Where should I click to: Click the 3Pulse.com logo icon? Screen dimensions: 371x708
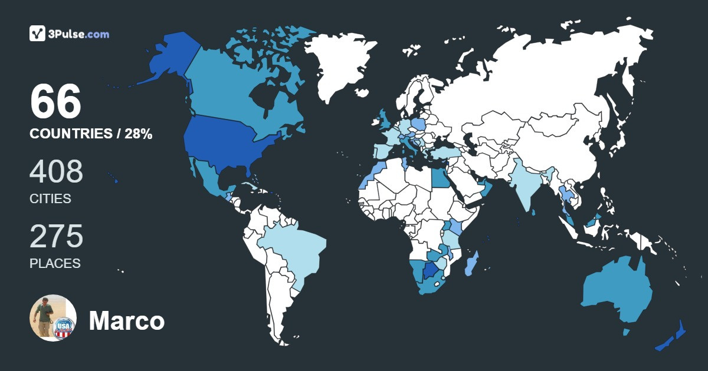[37, 34]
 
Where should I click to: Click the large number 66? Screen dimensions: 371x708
[55, 102]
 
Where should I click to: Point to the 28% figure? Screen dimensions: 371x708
[138, 134]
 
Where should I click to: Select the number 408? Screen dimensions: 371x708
[57, 171]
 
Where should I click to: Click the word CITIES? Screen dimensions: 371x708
[50, 199]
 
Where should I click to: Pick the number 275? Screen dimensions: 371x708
[57, 236]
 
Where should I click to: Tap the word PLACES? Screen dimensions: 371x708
[55, 263]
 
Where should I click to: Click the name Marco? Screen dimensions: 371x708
[126, 321]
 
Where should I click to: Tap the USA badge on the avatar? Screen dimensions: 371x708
[64, 327]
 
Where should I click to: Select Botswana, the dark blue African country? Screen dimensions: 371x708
[432, 271]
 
